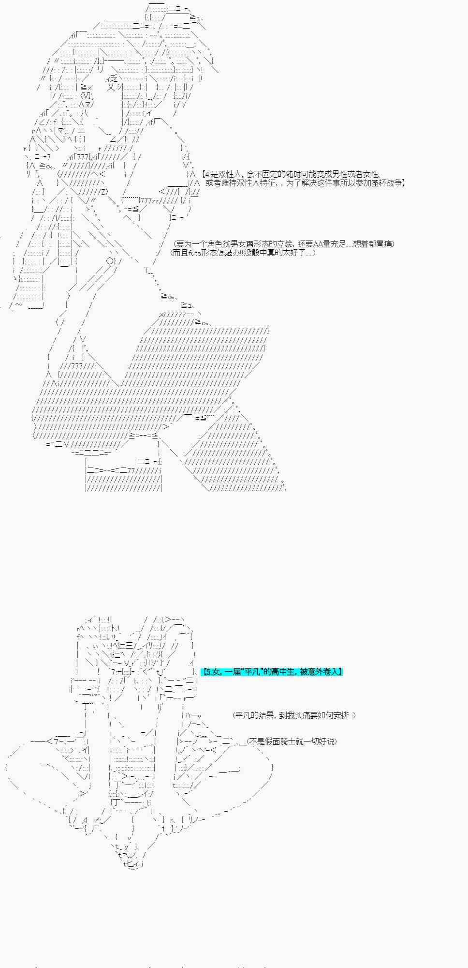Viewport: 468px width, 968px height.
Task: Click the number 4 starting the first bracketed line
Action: coord(206,174)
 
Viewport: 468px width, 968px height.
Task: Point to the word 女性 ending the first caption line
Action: coord(371,174)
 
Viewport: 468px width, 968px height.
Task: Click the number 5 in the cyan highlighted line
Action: coord(206,672)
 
